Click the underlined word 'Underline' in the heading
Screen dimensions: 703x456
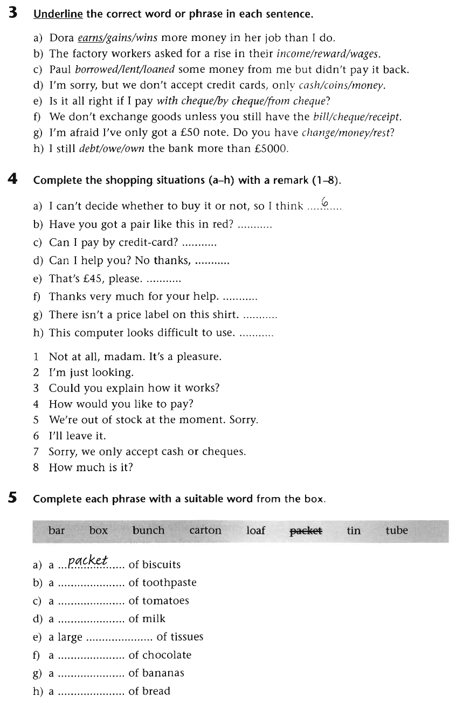click(x=58, y=14)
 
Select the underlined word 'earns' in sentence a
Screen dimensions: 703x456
click(x=90, y=38)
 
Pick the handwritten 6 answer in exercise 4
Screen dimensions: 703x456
click(x=324, y=202)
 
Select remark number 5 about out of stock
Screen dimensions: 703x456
click(x=153, y=420)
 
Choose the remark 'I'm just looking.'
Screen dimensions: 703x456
click(x=91, y=373)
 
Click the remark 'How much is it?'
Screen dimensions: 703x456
click(x=91, y=467)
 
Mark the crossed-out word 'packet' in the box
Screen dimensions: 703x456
click(x=306, y=530)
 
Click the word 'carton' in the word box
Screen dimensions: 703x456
click(x=205, y=530)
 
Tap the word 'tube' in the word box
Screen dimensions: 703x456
click(x=397, y=530)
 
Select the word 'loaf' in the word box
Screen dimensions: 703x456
click(x=255, y=530)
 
